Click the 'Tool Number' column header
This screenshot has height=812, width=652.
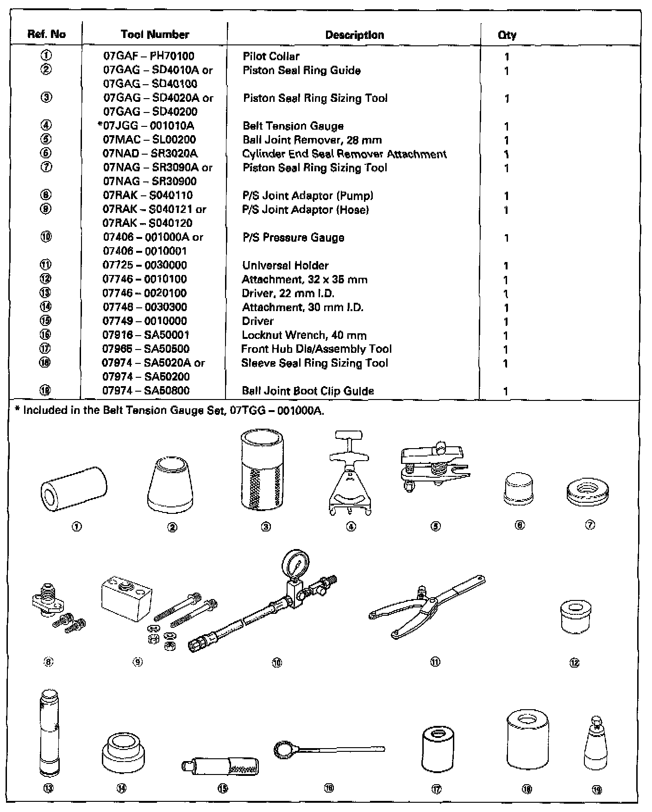(x=155, y=35)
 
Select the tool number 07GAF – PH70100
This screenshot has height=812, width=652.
(x=148, y=56)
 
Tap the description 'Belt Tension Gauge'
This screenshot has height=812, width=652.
(x=293, y=126)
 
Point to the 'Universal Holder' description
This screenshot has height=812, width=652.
(x=285, y=266)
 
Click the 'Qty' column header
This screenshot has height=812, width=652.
(x=507, y=35)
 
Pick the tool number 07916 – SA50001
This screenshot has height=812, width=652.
(x=145, y=335)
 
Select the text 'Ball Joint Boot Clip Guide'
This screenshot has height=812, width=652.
(x=307, y=391)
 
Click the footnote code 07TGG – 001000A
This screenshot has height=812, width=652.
(x=276, y=411)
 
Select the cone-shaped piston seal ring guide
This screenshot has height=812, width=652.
(x=170, y=483)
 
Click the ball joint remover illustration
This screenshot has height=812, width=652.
(x=433, y=466)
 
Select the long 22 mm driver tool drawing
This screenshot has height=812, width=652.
(x=49, y=731)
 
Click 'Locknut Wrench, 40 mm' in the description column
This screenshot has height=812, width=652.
(x=304, y=335)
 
